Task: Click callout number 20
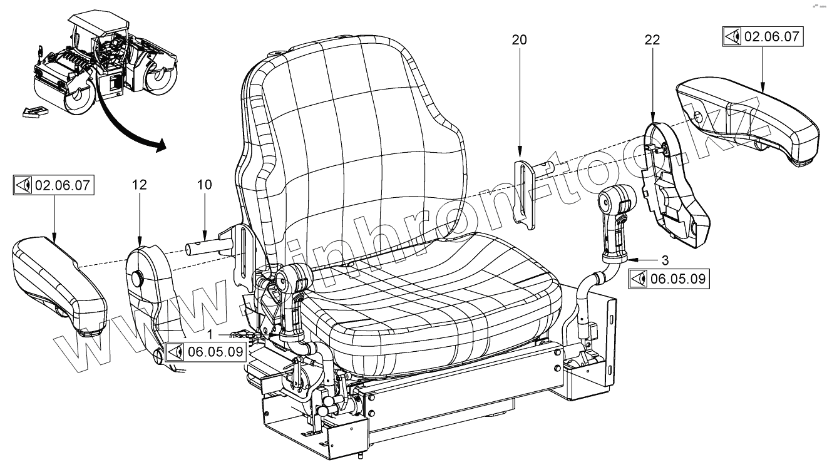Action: (x=519, y=40)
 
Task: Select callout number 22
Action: (x=652, y=40)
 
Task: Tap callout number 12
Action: (x=140, y=185)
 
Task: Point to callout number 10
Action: (x=205, y=185)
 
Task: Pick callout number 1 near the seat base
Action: (x=211, y=334)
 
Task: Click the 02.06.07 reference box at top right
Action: (x=762, y=36)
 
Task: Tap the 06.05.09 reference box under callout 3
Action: (x=669, y=279)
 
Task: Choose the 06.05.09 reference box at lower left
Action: (x=205, y=352)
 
